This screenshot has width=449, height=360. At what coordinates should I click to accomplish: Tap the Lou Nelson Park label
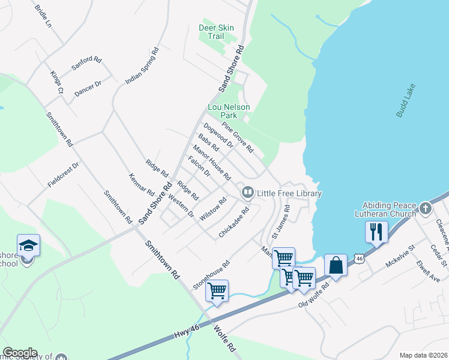pos(228,111)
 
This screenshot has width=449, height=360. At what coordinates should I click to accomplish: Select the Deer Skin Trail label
pos(211,32)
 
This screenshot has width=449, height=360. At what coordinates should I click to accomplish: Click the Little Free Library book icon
pos(247,193)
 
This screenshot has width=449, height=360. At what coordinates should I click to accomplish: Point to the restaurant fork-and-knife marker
pos(376,232)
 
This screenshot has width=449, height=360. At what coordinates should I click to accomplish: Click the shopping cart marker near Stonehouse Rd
pos(217,291)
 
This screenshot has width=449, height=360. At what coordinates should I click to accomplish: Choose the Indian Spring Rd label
pos(142,66)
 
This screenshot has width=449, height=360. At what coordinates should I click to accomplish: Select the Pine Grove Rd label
pos(238,137)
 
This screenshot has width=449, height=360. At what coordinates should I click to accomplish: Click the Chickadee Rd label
pos(234,223)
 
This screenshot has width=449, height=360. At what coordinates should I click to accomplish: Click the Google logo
pos(20,353)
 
